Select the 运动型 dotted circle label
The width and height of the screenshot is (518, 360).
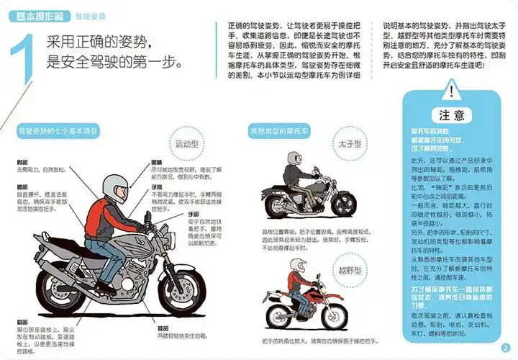click(187, 144)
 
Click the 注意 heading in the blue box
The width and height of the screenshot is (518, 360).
click(452, 115)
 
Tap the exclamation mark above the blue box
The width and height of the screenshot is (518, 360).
click(451, 91)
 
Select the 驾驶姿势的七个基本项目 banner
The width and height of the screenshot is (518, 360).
click(59, 131)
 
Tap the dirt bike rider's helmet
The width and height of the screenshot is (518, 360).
click(295, 258)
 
